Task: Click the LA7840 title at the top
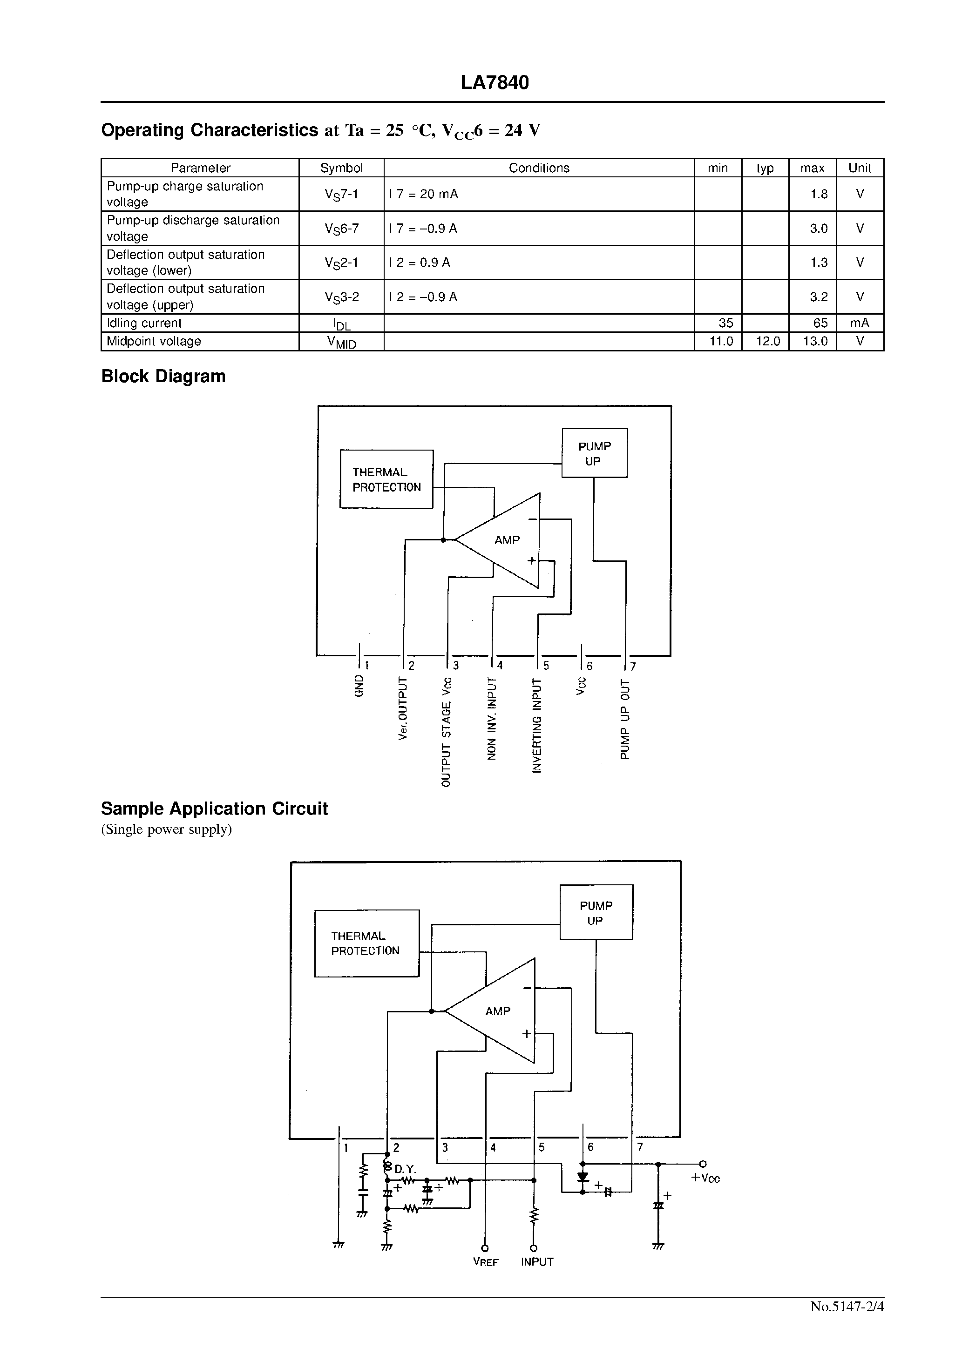pos(495,82)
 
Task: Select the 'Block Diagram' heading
pos(163,377)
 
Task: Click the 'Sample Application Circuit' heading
pos(214,809)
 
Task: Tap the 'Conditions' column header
pos(539,168)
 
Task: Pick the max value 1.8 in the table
pos(819,194)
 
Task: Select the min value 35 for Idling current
pos(725,323)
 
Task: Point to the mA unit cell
pos(860,323)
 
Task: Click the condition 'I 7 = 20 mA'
pos(423,194)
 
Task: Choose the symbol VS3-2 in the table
pos(342,297)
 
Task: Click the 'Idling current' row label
pos(144,323)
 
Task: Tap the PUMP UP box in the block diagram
pos(594,453)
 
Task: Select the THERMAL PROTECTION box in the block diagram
pos(386,479)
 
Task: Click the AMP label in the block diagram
pos(507,540)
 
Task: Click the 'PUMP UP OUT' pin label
pos(625,719)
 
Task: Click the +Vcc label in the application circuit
pos(706,1179)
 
